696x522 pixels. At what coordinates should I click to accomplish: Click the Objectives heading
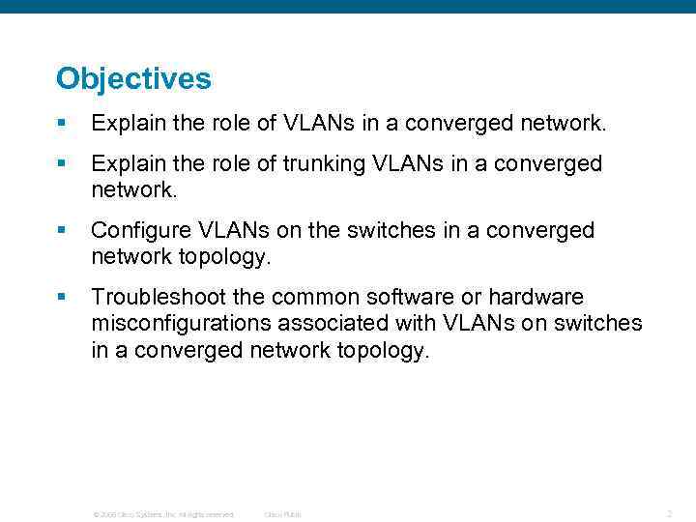[x=133, y=79]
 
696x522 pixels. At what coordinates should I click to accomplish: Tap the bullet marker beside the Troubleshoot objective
[x=61, y=297]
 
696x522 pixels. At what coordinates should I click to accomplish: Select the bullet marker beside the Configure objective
[x=61, y=231]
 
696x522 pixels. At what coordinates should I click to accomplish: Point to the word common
[x=315, y=297]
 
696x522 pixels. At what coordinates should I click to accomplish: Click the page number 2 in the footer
[x=669, y=513]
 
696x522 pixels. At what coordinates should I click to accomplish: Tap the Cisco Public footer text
[x=283, y=514]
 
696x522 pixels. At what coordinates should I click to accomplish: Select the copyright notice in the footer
[x=162, y=514]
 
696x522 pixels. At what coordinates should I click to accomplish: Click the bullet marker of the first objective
[x=61, y=124]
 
